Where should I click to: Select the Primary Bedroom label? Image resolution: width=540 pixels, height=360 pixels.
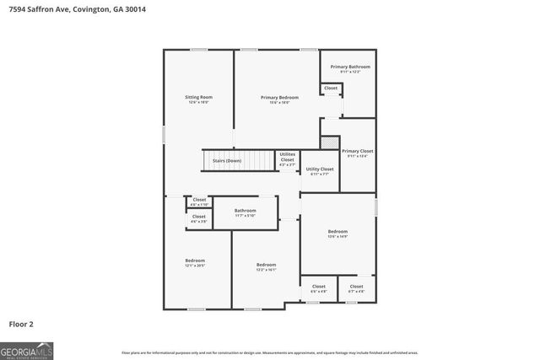coord(279,99)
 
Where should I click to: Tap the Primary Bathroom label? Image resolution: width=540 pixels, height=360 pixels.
coord(349,67)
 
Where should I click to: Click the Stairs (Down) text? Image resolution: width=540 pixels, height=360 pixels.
coord(226,160)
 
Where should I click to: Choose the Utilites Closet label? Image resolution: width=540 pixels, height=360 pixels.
coord(287,159)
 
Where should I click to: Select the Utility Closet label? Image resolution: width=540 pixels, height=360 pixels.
coord(319,170)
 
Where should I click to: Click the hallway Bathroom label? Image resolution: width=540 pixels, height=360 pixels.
coord(245,212)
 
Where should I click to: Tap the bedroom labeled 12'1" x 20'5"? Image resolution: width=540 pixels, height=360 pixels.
coord(195,262)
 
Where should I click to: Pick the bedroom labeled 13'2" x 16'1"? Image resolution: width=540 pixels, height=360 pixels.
coord(266,266)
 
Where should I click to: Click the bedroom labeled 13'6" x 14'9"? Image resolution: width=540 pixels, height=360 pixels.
coord(337,233)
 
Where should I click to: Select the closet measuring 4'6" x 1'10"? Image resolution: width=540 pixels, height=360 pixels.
coord(198,201)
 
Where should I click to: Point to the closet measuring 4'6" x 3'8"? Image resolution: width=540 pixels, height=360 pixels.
coord(198,218)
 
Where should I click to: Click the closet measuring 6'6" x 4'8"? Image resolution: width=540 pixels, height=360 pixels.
coord(318,287)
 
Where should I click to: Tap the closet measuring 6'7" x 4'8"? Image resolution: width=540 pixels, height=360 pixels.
coord(356,287)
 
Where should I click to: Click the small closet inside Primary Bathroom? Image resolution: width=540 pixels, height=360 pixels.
coord(331,88)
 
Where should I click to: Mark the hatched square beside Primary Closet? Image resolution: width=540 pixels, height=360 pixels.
coord(330,142)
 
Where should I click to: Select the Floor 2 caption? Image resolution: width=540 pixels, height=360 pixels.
coord(21,323)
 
